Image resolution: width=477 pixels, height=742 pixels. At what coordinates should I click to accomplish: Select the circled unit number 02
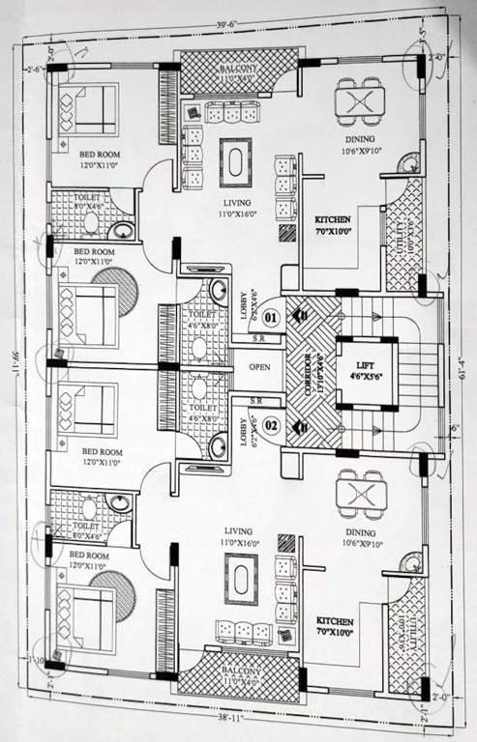(x=271, y=423)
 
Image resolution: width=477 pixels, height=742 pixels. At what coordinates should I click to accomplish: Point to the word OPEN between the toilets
(x=258, y=368)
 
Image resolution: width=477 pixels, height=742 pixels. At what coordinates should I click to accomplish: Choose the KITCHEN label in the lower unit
(x=334, y=622)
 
